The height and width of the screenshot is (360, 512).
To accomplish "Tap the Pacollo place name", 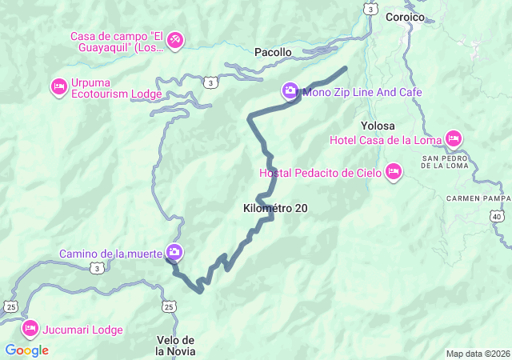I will pos(273,52).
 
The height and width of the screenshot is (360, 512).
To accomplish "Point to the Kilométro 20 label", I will pos(274,208).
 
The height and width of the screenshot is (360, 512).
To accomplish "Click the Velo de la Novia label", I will pos(175,346).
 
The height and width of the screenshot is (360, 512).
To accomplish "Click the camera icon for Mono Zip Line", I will pos(290,92).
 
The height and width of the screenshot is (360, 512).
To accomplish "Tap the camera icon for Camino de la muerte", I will pos(174,254).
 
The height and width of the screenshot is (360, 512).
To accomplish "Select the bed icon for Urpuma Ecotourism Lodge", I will pos(58,86).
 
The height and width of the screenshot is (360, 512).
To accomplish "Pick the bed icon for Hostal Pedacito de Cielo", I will pos(393,172).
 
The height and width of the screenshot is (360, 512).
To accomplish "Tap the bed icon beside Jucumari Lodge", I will pos(30,329).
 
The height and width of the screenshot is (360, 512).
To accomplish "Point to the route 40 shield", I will pos(497,216).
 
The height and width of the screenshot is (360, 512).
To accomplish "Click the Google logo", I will pos(26,350).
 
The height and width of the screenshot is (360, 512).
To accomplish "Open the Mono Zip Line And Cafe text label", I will pos(362,93).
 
